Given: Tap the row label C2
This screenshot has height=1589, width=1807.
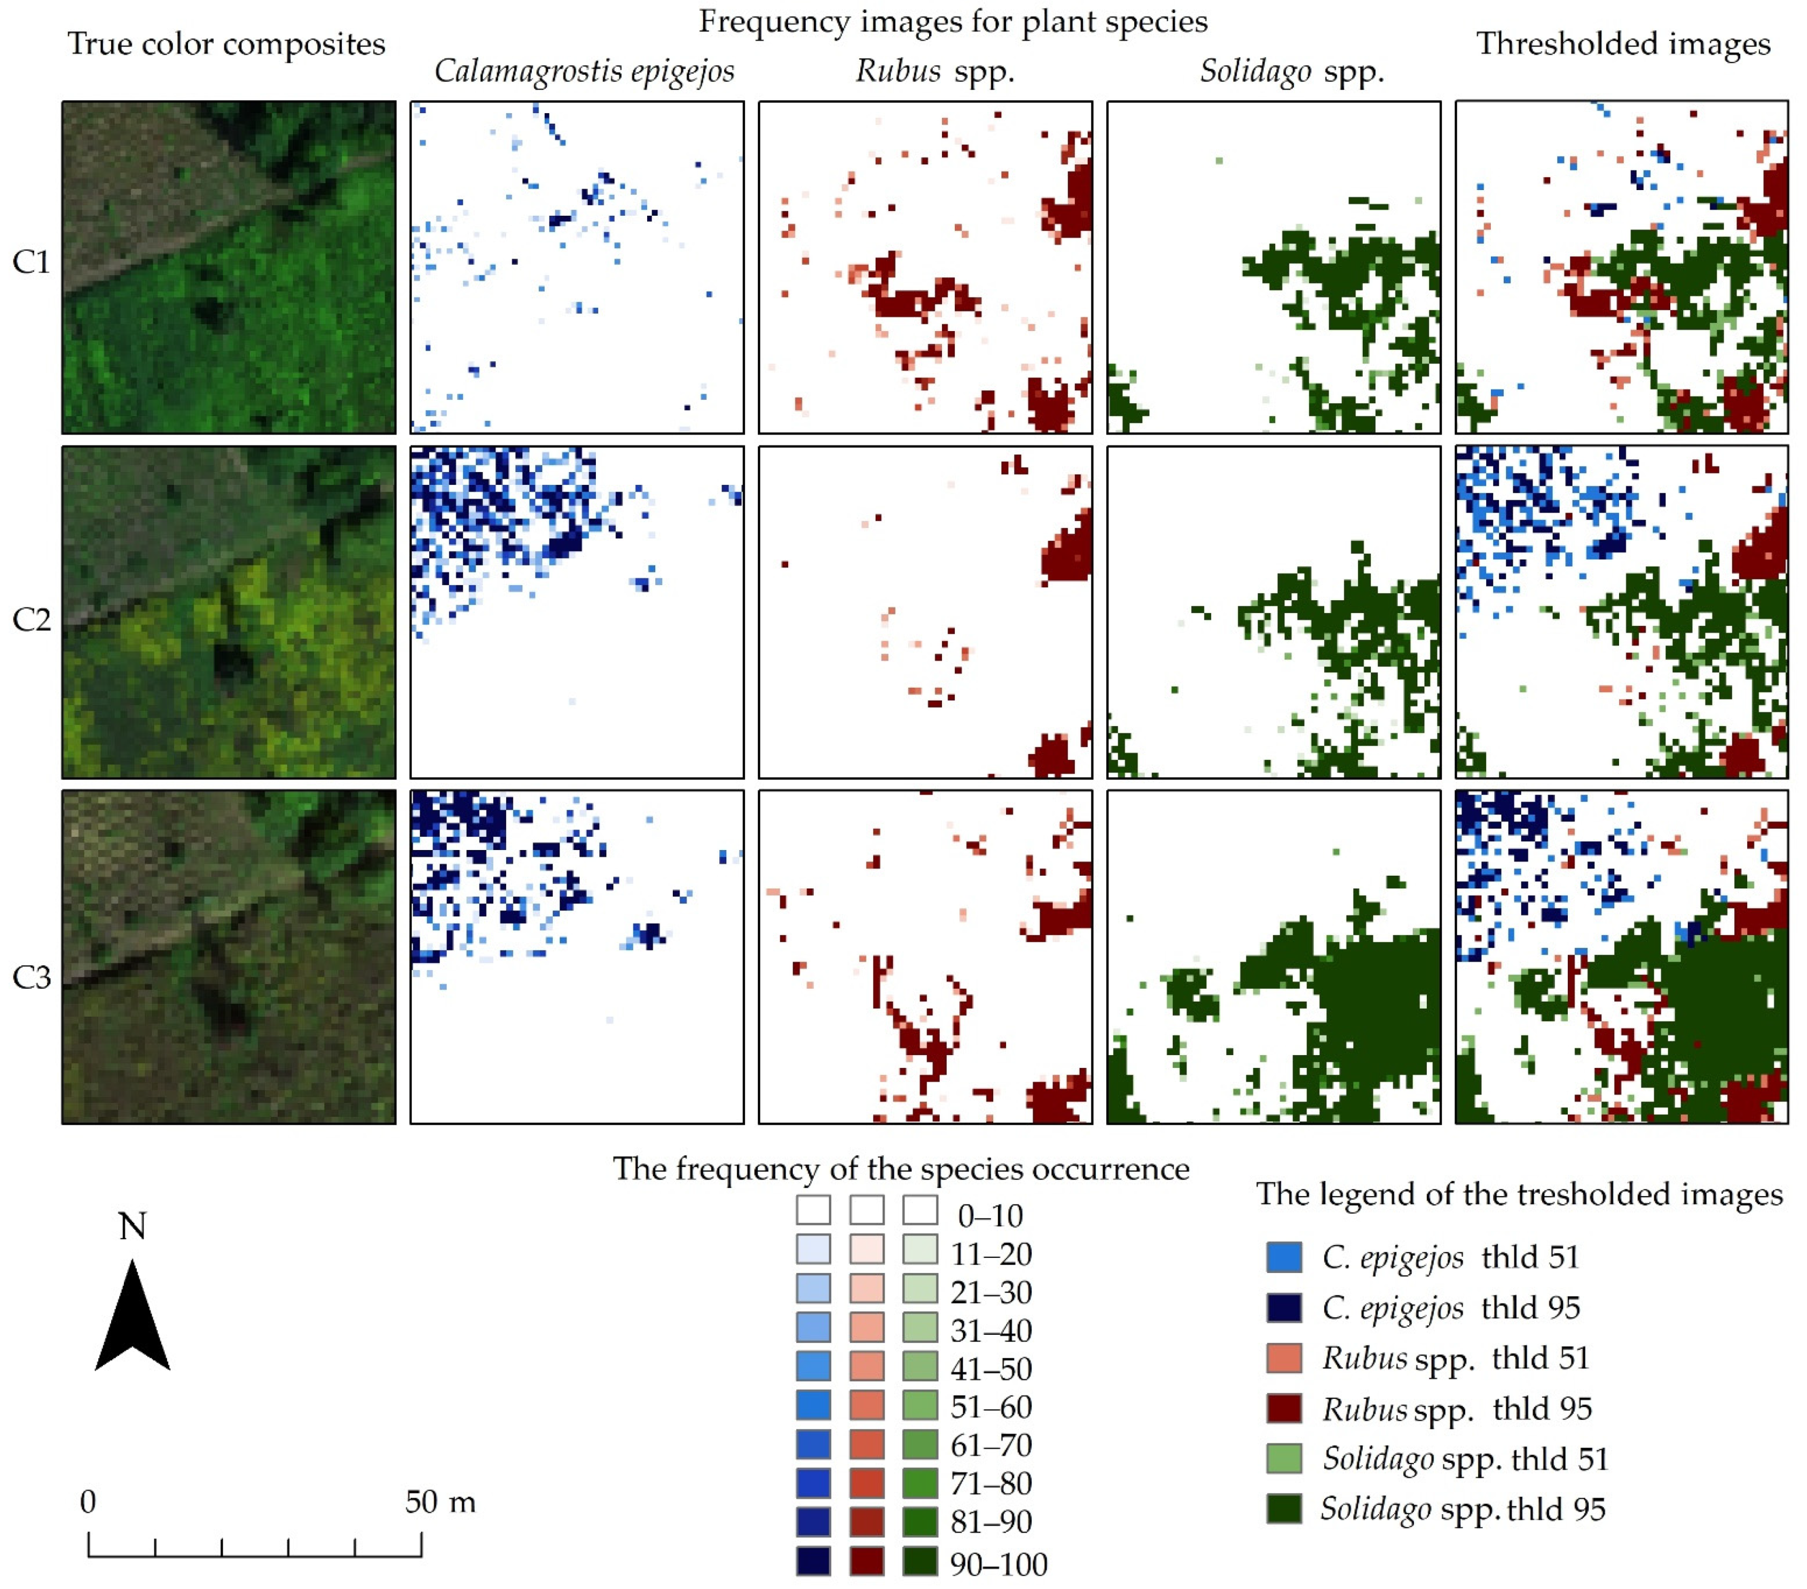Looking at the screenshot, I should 31,619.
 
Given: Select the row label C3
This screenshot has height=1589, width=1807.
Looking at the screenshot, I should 31,978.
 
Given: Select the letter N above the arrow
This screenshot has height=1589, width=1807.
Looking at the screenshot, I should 132,1226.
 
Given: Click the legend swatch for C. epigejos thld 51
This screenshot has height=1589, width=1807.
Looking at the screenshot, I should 1284,1257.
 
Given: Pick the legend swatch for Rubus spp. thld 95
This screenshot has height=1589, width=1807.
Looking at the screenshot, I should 1284,1409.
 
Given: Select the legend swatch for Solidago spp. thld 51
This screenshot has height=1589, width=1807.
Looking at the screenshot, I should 1284,1459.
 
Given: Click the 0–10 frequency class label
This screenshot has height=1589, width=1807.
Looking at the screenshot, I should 990,1216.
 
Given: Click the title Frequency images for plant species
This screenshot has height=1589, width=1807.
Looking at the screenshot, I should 953,21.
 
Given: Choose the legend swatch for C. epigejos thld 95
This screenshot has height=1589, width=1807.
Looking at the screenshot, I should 1284,1307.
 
